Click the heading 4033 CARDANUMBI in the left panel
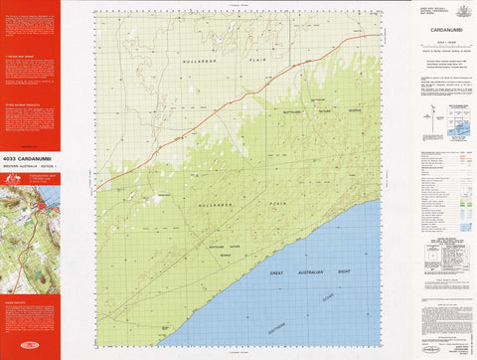coord(30,157)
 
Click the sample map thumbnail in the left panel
coord(30,239)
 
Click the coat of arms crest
coord(461,10)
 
